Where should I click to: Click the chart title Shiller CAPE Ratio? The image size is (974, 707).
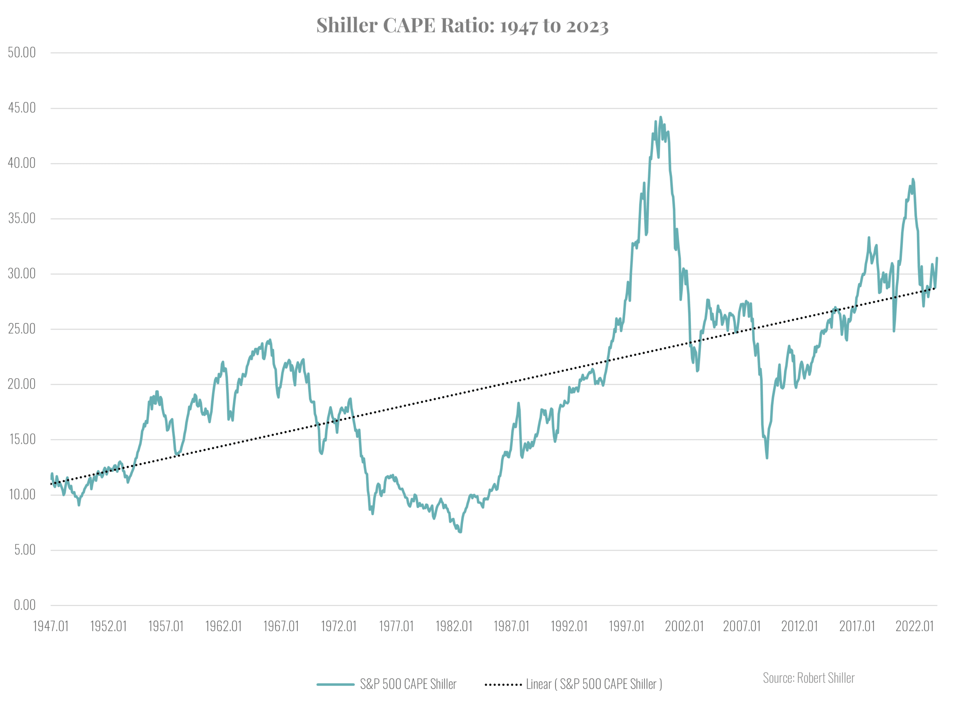click(462, 25)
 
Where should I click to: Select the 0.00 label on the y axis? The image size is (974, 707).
click(24, 605)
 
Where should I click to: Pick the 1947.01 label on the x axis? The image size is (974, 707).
click(51, 626)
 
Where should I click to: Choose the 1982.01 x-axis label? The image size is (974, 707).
click(454, 626)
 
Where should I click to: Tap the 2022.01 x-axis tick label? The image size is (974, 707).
click(914, 626)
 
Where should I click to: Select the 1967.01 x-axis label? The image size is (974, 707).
click(281, 626)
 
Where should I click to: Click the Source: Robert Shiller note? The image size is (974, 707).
click(808, 677)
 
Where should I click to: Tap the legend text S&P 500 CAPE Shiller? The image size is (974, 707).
click(407, 684)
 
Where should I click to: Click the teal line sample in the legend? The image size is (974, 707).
click(336, 684)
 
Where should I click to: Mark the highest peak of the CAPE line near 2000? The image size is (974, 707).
click(660, 117)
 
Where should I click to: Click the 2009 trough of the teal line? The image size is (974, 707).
click(767, 458)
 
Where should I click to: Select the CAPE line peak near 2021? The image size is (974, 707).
click(913, 179)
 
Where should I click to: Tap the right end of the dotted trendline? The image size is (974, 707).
click(935, 288)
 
